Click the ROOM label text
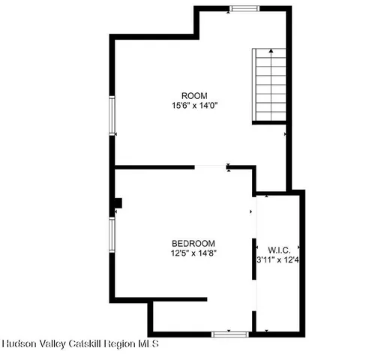click(194, 95)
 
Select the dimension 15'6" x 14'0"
click(194, 106)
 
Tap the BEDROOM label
click(193, 243)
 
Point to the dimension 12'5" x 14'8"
click(193, 253)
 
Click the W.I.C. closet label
click(278, 249)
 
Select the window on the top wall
click(244, 9)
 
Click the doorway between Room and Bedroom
click(211, 166)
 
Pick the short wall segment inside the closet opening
click(253, 259)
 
